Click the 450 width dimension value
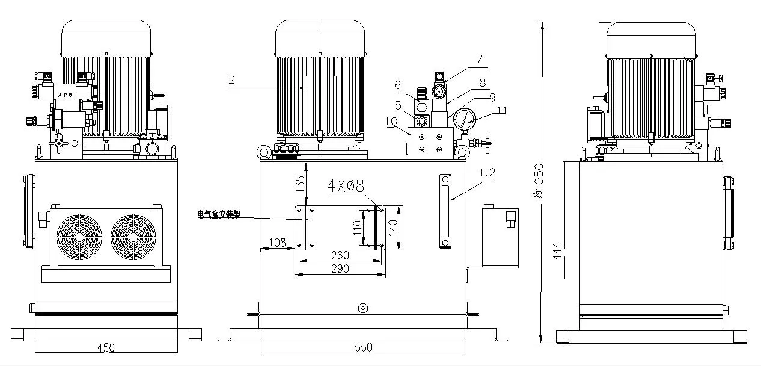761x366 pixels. [x=106, y=347]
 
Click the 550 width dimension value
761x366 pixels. [x=363, y=347]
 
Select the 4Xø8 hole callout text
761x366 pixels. [x=346, y=185]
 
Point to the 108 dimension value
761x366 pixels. [x=277, y=243]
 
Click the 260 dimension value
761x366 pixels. [x=340, y=256]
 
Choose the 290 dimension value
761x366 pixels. [x=340, y=269]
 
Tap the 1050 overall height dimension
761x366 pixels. [x=539, y=181]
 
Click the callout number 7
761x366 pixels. [x=479, y=59]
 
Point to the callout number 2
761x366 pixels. [x=231, y=79]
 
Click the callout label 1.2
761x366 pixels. [x=488, y=172]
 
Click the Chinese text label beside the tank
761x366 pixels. [x=219, y=214]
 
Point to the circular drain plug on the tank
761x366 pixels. [x=362, y=308]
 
